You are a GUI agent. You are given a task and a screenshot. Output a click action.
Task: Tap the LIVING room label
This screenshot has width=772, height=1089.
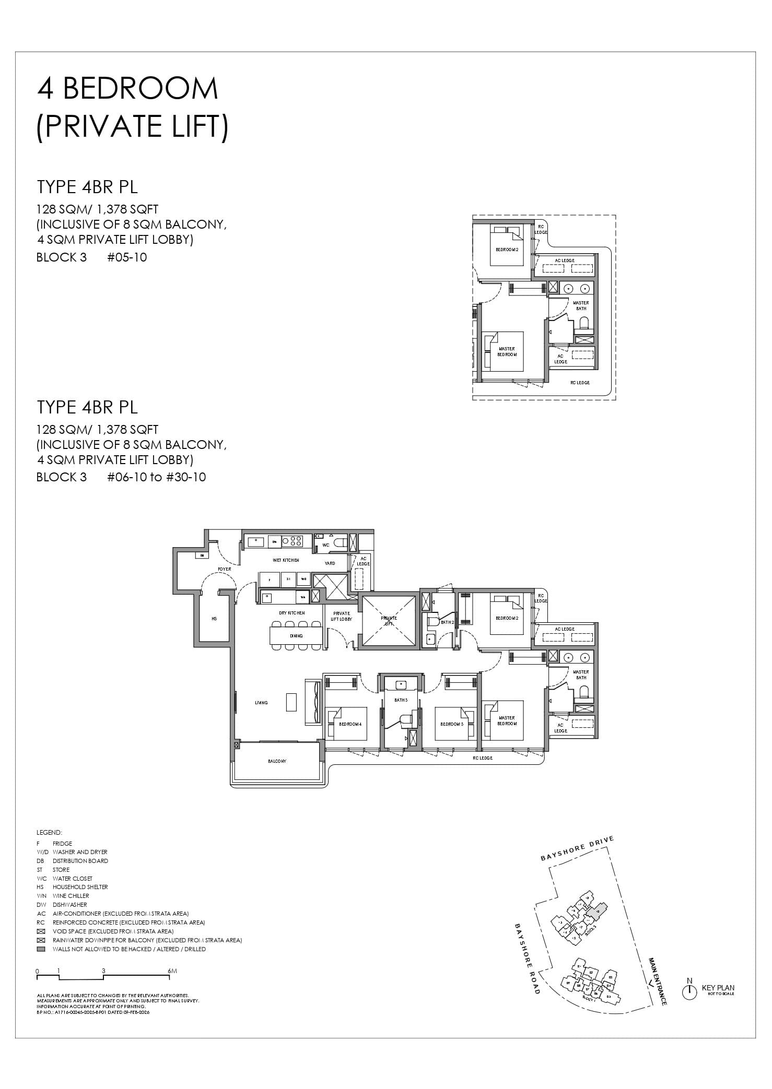tap(261, 703)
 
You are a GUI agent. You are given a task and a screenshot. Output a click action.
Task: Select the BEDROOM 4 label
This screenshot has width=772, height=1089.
tap(349, 724)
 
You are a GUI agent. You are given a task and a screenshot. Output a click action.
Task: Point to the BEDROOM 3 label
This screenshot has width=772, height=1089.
tap(452, 724)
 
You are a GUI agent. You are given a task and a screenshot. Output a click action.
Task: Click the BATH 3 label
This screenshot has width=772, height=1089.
tap(401, 700)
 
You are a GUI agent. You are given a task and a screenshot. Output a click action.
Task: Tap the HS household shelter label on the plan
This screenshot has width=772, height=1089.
tap(214, 619)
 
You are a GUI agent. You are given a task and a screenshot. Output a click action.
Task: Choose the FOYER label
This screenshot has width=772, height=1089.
tap(225, 569)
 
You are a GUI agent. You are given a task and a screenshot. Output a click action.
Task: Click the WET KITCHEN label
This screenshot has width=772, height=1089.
tap(286, 560)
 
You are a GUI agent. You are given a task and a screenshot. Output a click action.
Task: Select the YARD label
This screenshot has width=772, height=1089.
tap(330, 563)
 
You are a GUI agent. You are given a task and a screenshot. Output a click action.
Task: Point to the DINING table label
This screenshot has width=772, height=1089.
tap(296, 636)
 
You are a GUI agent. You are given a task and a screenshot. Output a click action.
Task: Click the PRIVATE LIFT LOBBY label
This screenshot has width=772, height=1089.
tap(341, 616)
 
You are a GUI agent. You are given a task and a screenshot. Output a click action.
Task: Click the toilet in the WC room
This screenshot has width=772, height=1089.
tap(340, 542)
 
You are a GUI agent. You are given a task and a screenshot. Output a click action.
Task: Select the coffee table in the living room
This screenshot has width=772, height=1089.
tap(291, 702)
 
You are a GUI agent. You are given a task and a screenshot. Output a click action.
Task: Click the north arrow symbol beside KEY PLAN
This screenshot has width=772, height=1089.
tap(689, 992)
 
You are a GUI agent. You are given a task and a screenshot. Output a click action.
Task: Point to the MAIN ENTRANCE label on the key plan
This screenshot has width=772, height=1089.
tap(657, 981)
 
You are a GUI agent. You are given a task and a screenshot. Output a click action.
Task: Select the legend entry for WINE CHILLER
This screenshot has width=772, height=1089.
tap(71, 896)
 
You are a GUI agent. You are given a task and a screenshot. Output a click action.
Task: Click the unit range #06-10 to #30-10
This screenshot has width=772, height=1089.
tap(156, 477)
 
